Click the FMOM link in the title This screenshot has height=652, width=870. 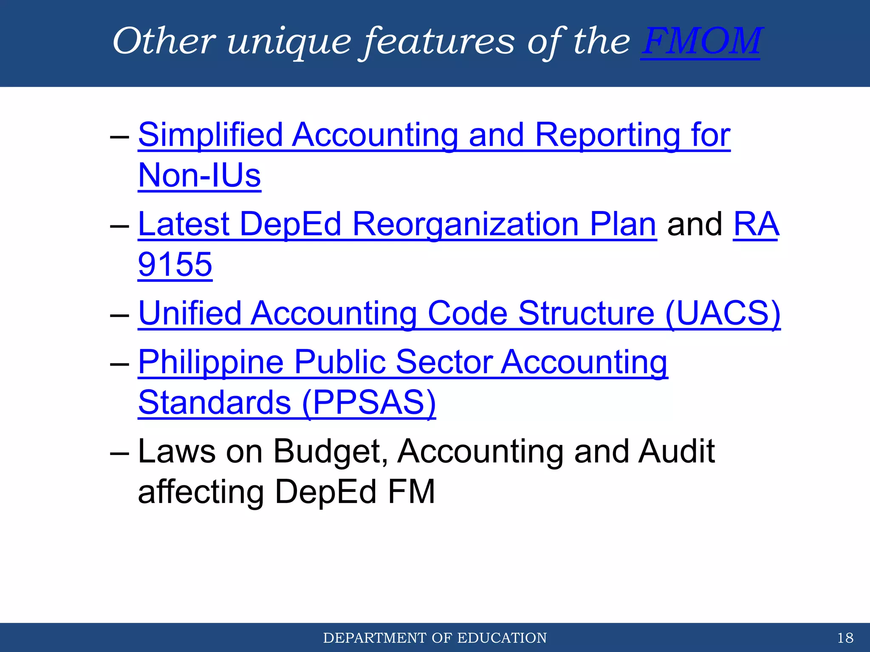[x=701, y=42]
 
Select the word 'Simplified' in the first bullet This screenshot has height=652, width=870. [x=210, y=135]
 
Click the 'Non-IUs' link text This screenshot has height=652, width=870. [x=200, y=175]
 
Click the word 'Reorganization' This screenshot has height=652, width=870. [x=466, y=224]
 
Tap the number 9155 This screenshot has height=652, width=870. [x=175, y=264]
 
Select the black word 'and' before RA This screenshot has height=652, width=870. [x=695, y=224]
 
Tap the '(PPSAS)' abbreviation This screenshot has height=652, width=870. [x=369, y=402]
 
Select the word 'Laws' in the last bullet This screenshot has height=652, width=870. [x=177, y=451]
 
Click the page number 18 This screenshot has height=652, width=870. [x=845, y=638]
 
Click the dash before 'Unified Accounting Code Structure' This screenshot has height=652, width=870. [x=119, y=315]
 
